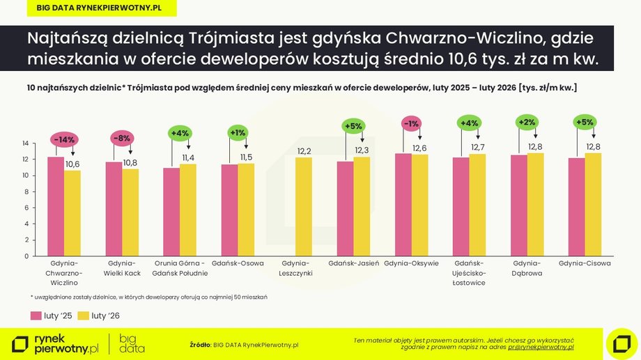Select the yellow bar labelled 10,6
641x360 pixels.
(x=72, y=212)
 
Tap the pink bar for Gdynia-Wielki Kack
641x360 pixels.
(x=114, y=209)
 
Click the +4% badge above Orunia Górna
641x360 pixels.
(x=180, y=133)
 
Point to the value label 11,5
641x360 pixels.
(x=245, y=158)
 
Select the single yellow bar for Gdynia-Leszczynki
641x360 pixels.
(x=304, y=206)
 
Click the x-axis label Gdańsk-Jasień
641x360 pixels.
(x=353, y=264)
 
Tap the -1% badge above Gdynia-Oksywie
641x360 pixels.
(x=411, y=124)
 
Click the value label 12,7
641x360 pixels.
(x=477, y=147)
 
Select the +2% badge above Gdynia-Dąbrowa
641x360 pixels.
(x=527, y=122)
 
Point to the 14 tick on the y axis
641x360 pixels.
(x=25, y=143)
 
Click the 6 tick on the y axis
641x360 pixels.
(x=26, y=208)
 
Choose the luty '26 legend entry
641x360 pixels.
(x=100, y=315)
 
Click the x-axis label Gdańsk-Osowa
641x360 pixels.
(x=238, y=264)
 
